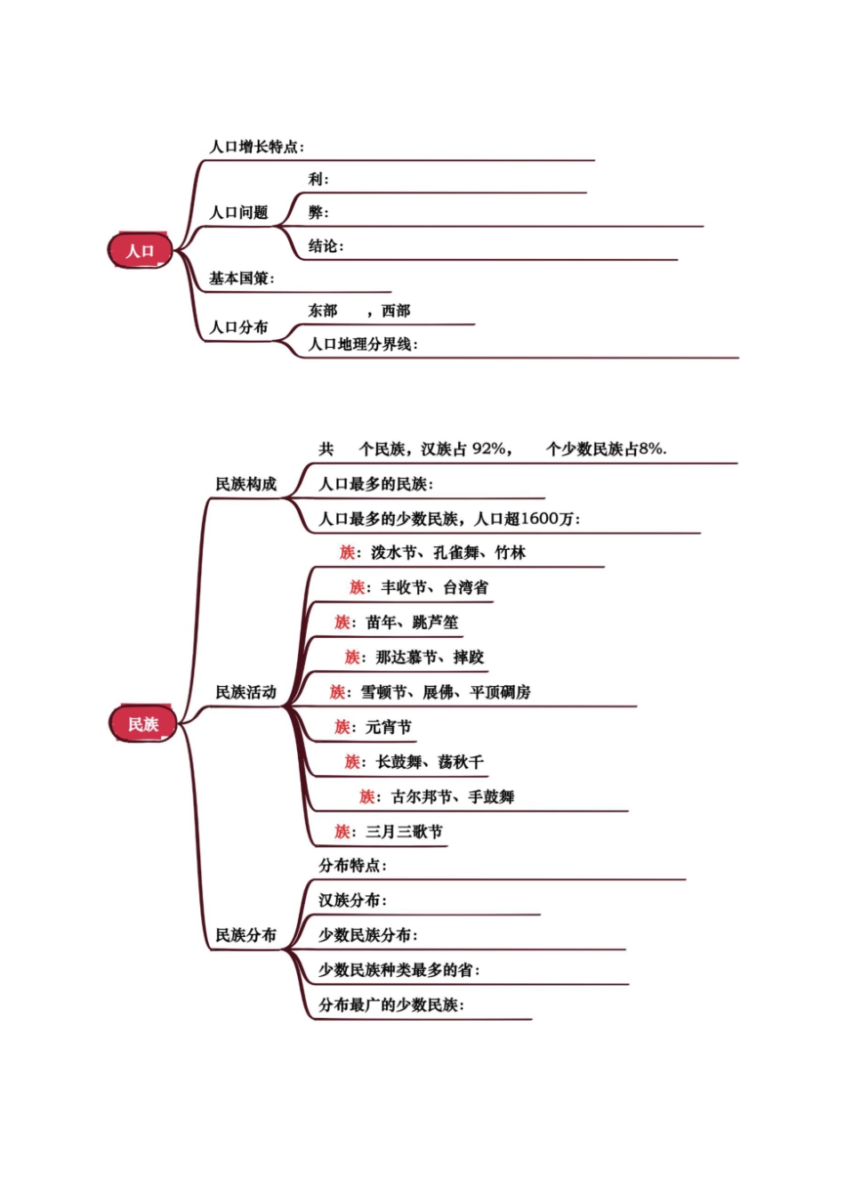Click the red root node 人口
140,251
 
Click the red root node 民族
142,724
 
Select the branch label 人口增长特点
254,147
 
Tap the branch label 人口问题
238,213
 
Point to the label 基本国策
239,279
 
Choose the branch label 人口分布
238,327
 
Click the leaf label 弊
316,213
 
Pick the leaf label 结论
323,246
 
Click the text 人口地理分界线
360,344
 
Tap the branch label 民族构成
246,484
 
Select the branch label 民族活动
246,692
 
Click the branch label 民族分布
246,935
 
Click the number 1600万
547,519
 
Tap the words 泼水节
393,553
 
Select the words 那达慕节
406,658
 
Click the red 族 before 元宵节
342,727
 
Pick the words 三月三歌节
404,832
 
